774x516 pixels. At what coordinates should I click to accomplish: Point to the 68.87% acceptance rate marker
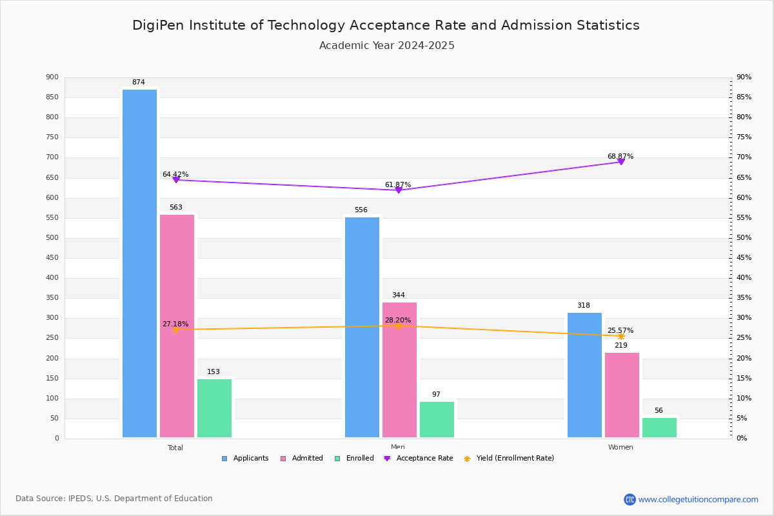[621, 161]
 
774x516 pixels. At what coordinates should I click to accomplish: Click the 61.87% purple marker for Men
[399, 190]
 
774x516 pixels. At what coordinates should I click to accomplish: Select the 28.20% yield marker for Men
[399, 326]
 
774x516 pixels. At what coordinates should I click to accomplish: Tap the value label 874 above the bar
[139, 83]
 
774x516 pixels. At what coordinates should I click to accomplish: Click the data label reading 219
[620, 346]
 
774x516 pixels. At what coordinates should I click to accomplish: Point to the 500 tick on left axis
[52, 238]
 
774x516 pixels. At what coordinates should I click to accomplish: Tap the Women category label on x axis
[620, 448]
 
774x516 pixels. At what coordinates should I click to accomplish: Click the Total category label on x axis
[175, 448]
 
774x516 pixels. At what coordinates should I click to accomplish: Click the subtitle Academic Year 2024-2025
[387, 46]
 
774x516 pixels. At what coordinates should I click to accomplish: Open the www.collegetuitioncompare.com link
[698, 499]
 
